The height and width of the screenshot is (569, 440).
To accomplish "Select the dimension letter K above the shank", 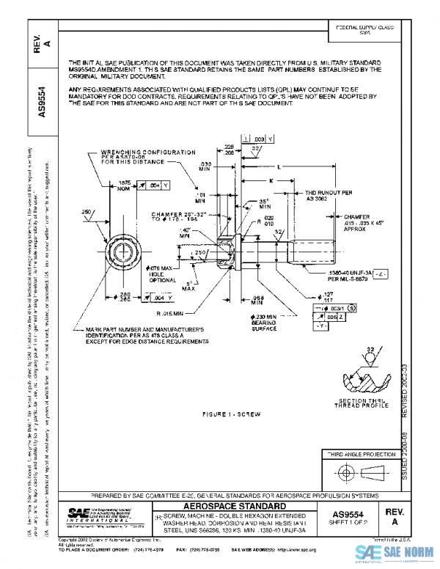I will [271, 179].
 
